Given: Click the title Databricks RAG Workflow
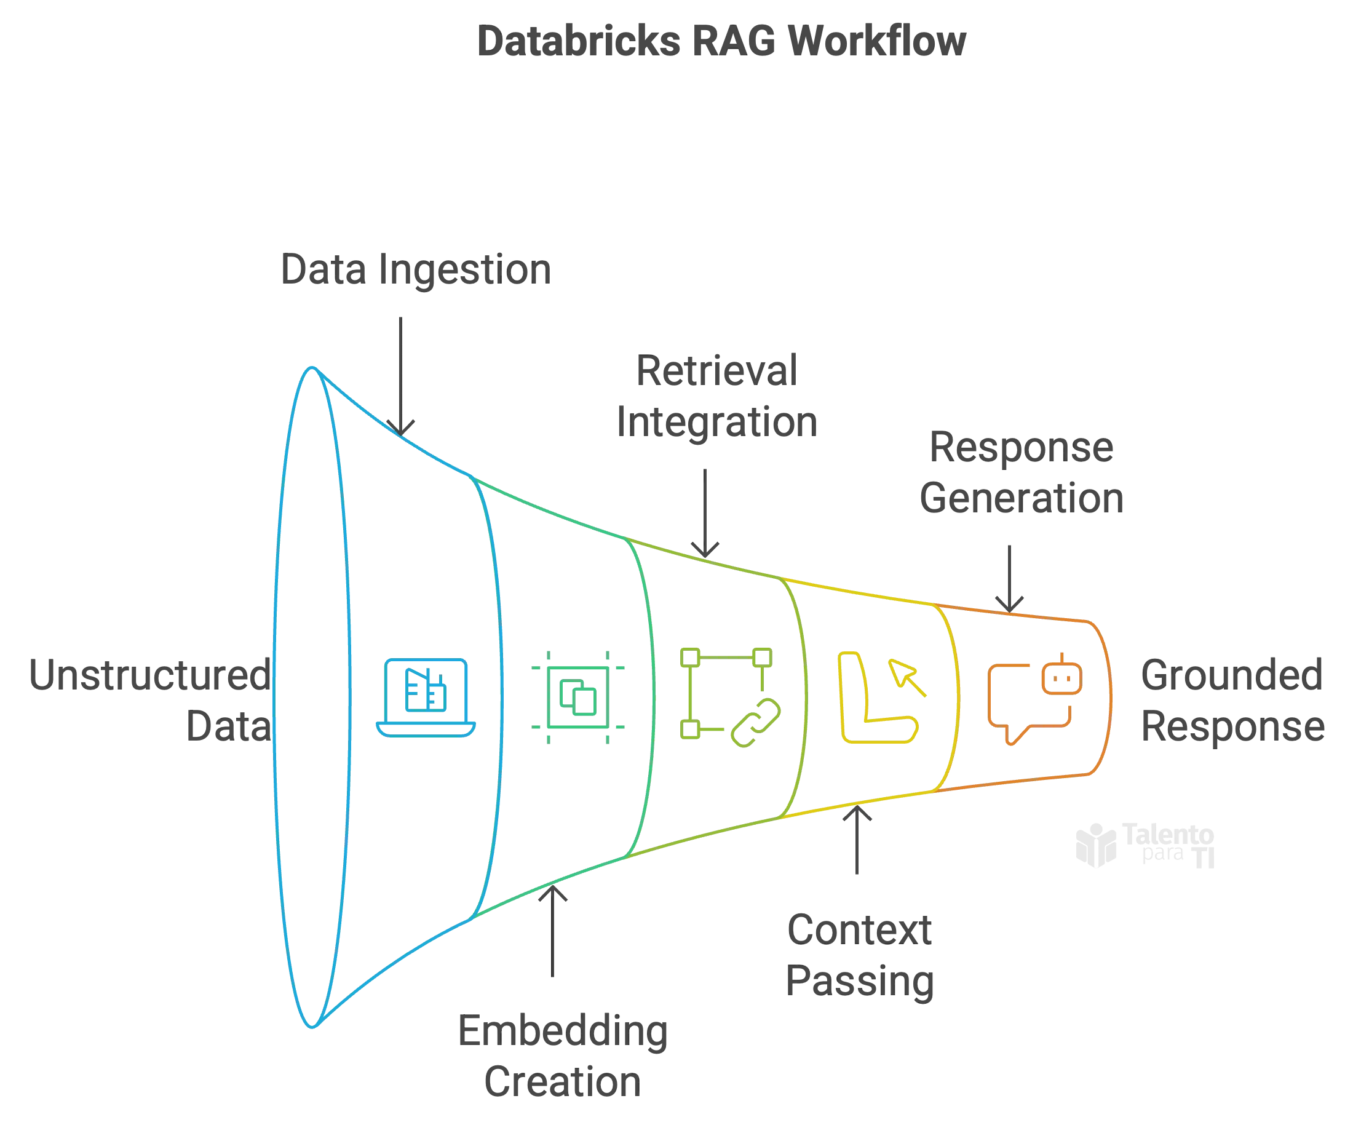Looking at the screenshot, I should pos(721,43).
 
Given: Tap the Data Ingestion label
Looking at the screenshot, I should pos(416,270).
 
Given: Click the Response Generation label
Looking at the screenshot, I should pos(1023,474).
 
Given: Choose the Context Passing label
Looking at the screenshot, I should pos(860,956).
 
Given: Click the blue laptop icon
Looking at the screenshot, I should pos(426,698).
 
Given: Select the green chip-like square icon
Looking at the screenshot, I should pos(578,698).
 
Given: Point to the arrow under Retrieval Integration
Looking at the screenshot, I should pos(707,512).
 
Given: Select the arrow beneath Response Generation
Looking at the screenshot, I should pos(1009,575).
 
